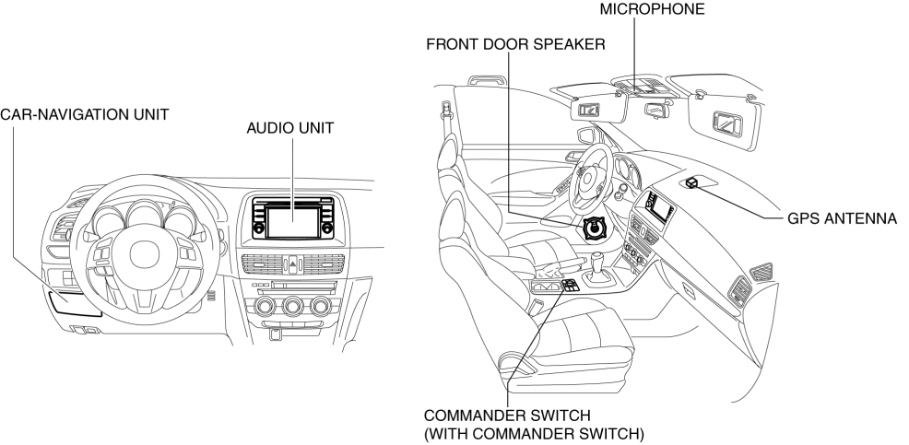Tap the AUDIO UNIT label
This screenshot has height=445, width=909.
(x=289, y=130)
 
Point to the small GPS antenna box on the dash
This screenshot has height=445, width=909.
(x=694, y=182)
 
